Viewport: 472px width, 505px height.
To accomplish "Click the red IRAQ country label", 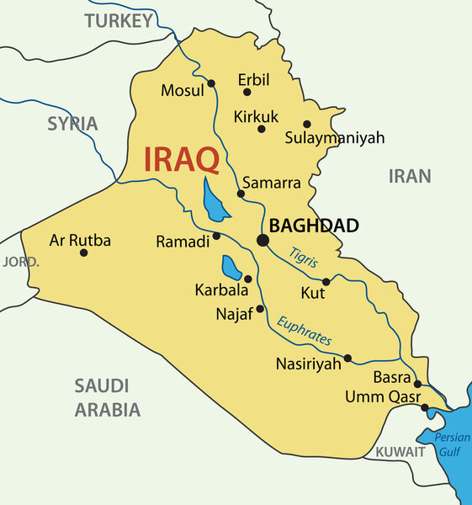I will (x=181, y=159).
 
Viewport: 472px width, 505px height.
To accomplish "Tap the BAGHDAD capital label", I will (x=314, y=226).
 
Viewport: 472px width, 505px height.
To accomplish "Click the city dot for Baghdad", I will (x=263, y=241).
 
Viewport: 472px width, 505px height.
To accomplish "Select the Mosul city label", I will (x=183, y=89).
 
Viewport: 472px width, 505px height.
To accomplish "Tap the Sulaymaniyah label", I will (x=334, y=137).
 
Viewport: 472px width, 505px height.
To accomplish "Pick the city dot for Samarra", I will (x=241, y=194).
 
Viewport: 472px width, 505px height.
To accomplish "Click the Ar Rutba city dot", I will (x=83, y=252).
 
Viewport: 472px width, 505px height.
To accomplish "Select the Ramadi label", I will (x=183, y=242).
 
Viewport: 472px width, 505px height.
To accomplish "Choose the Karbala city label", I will (x=221, y=290).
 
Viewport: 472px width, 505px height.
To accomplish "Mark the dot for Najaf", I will (x=260, y=309).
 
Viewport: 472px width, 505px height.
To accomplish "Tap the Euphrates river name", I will (x=304, y=330).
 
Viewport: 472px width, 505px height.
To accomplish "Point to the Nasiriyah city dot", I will (x=347, y=358).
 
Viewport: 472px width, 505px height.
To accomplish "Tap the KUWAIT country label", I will (x=400, y=452).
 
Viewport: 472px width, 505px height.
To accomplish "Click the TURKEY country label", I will (x=118, y=21).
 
